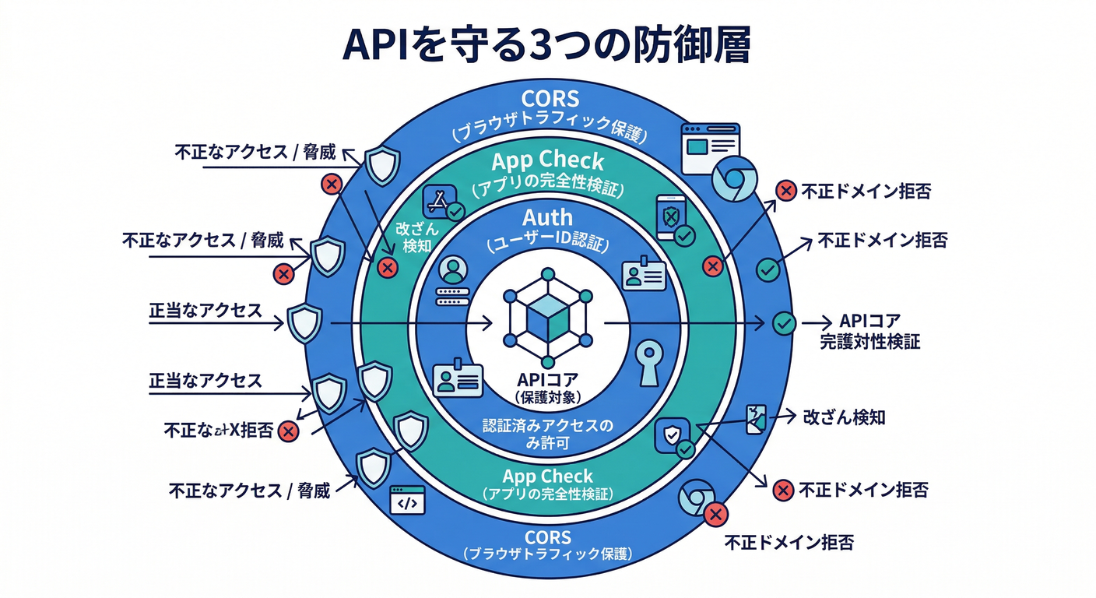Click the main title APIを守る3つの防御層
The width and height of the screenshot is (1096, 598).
(x=546, y=47)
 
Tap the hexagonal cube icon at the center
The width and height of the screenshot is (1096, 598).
(x=548, y=318)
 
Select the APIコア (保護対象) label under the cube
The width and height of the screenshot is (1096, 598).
(x=546, y=387)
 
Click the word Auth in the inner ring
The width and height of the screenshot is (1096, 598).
(x=547, y=218)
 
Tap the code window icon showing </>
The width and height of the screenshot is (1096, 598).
(x=407, y=502)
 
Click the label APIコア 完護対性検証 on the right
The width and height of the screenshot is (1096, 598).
(x=870, y=331)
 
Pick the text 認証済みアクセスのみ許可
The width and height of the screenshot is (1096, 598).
(x=547, y=433)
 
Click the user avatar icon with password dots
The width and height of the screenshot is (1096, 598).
(x=452, y=280)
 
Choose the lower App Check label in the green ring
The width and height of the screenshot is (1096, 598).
(x=547, y=477)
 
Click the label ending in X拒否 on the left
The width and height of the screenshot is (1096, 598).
(x=219, y=430)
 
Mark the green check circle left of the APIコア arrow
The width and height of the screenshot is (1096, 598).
(x=784, y=322)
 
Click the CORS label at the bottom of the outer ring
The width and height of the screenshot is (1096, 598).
(x=547, y=537)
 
